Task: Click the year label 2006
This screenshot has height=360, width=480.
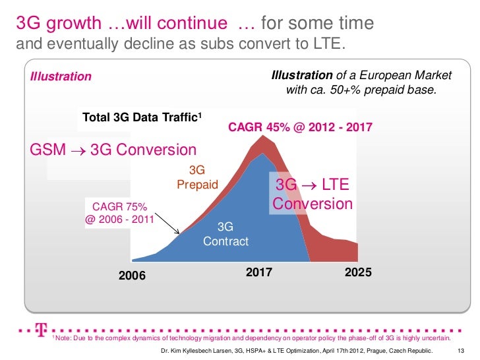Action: click(x=132, y=276)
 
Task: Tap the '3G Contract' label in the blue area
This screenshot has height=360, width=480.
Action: click(x=225, y=234)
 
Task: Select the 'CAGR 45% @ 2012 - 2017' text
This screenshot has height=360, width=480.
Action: click(x=300, y=125)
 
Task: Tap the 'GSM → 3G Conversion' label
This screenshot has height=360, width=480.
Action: click(x=113, y=150)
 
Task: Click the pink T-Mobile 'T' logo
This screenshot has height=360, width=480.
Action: click(x=42, y=328)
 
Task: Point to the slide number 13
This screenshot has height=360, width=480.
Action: click(x=461, y=350)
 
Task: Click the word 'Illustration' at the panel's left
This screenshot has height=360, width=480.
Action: click(x=61, y=76)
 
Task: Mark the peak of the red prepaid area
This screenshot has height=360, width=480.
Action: click(x=264, y=136)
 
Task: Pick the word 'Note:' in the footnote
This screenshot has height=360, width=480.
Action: click(x=64, y=338)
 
